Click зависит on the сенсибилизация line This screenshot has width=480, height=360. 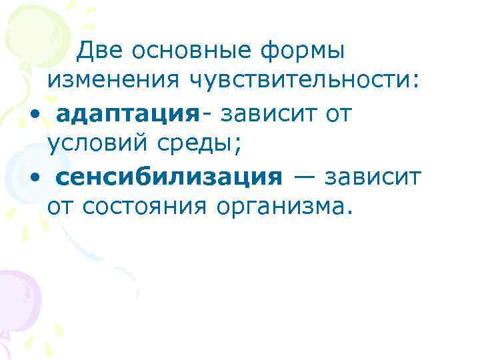tap(374, 177)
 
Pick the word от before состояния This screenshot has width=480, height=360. tap(61, 209)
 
